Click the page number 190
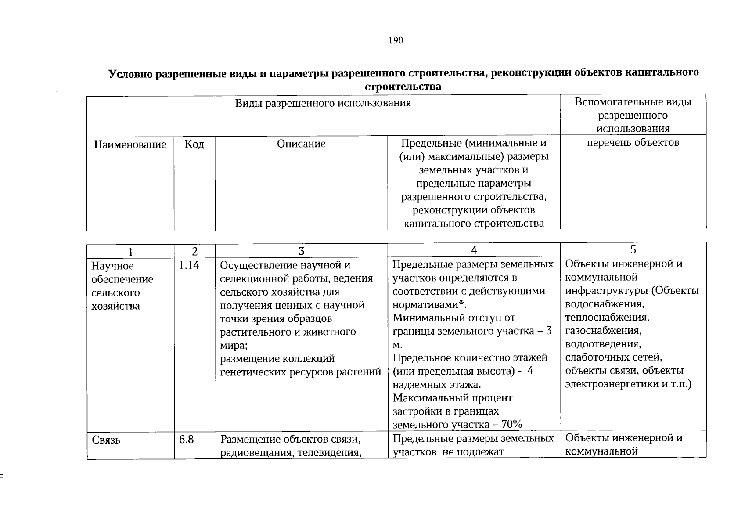(x=396, y=41)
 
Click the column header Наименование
(x=130, y=144)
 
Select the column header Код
(x=194, y=144)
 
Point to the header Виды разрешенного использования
(x=323, y=103)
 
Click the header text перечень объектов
(x=633, y=142)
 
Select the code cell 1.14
(x=189, y=265)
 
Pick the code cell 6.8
(x=186, y=439)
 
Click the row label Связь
(x=106, y=440)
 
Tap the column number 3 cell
(x=301, y=251)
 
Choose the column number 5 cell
(x=633, y=250)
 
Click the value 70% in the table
(x=511, y=424)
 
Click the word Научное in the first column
(x=112, y=266)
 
